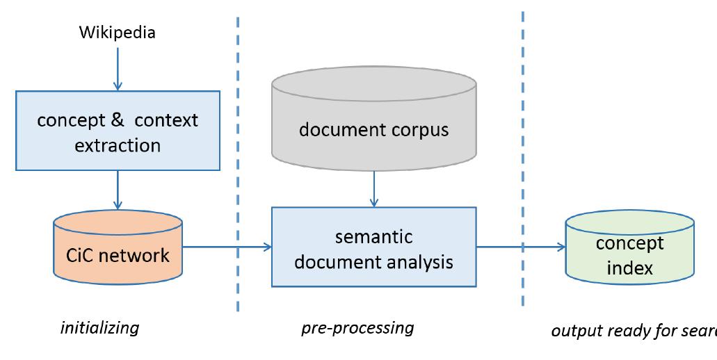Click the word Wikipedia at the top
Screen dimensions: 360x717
pyautogui.click(x=117, y=32)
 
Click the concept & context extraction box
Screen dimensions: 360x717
pyautogui.click(x=118, y=132)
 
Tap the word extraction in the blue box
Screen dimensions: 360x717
pyautogui.click(x=118, y=145)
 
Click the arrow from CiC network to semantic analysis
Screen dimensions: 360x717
pyautogui.click(x=226, y=246)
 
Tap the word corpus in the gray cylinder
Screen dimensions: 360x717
pyautogui.click(x=418, y=130)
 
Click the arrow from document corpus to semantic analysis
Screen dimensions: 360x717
pyautogui.click(x=373, y=188)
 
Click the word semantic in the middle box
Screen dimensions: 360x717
pyautogui.click(x=374, y=237)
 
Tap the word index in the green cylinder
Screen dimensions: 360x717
pyautogui.click(x=629, y=268)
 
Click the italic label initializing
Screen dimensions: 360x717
pyautogui.click(x=100, y=327)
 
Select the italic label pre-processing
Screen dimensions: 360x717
pyautogui.click(x=357, y=327)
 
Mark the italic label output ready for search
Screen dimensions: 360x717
pyautogui.click(x=633, y=330)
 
